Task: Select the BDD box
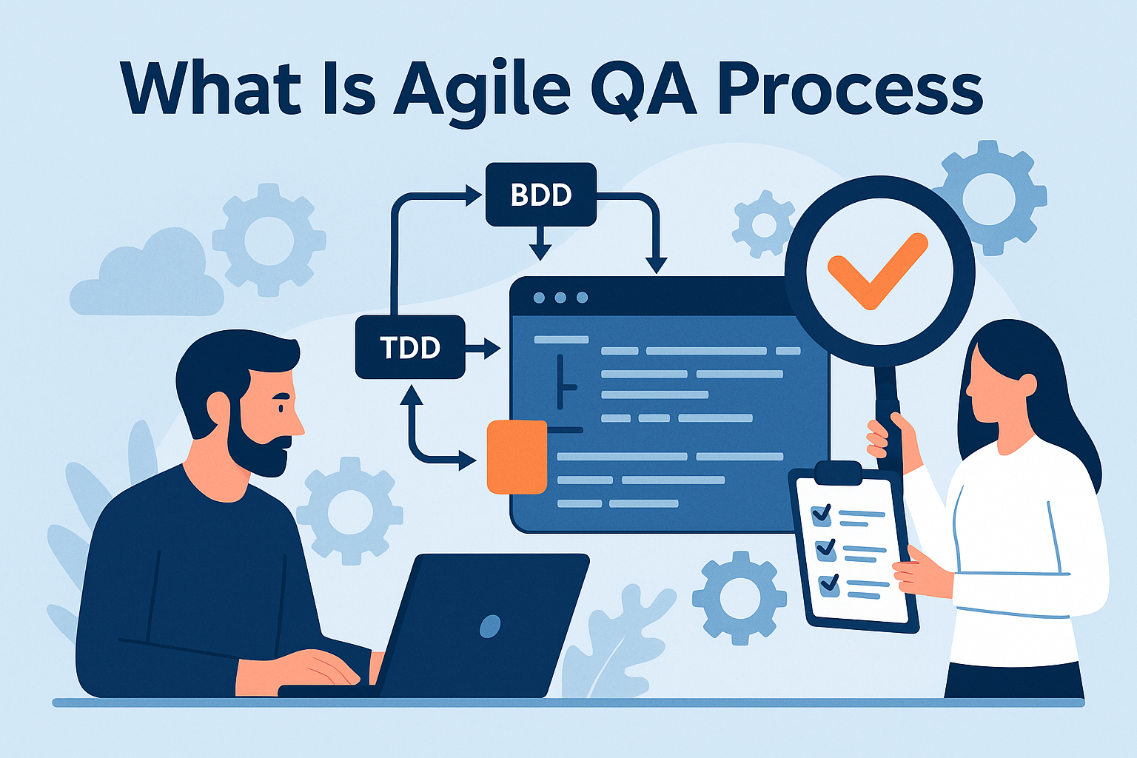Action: [x=541, y=195]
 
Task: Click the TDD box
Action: [x=410, y=347]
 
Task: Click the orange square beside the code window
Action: [x=517, y=457]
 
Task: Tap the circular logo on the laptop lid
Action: [x=490, y=625]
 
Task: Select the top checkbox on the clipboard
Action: [x=822, y=515]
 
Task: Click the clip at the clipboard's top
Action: [x=838, y=473]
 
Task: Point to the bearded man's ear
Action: [x=218, y=409]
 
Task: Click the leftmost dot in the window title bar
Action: [x=539, y=298]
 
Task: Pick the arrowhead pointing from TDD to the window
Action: [x=492, y=349]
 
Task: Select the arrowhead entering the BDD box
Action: [x=474, y=195]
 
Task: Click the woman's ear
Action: [x=1027, y=385]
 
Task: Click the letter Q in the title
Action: [x=620, y=91]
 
